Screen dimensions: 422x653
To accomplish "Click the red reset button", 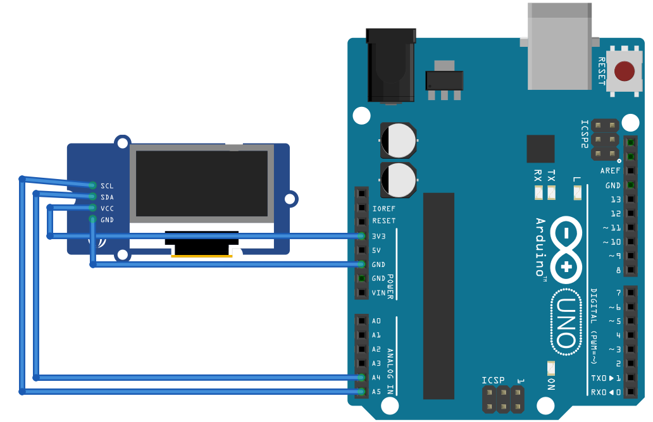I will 625,71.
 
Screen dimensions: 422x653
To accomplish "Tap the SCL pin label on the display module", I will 107,186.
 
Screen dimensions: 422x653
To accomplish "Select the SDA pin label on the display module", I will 107,197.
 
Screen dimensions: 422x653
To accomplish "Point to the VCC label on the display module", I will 107,208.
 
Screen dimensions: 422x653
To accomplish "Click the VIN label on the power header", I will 379,293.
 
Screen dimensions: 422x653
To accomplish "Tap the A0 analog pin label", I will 376,321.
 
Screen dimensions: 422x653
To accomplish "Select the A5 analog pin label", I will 376,392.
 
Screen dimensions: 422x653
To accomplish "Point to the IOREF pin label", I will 384,208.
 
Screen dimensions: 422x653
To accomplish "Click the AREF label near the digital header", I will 610,171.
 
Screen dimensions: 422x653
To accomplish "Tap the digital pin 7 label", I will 618,293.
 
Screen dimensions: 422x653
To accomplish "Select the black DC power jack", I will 391,65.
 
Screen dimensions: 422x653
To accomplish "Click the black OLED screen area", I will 201,183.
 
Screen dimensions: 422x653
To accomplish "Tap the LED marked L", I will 577,193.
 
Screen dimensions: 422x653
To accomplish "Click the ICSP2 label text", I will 585,133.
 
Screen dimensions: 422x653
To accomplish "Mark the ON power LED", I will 550,367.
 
